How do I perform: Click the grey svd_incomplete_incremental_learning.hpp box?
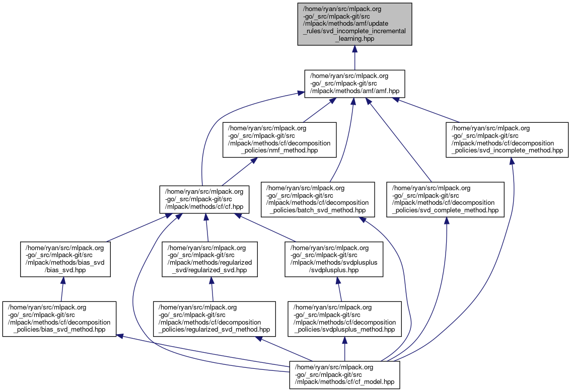pyautogui.click(x=354, y=24)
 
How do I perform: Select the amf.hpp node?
pyautogui.click(x=354, y=84)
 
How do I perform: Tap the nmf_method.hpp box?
pyautogui.click(x=279, y=139)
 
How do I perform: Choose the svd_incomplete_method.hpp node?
pyautogui.click(x=507, y=139)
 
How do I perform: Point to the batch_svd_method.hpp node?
pyautogui.click(x=318, y=200)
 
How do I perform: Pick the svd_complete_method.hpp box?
pyautogui.click(x=445, y=200)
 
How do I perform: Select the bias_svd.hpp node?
pyautogui.click(x=65, y=259)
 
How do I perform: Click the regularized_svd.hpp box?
pyautogui.click(x=209, y=259)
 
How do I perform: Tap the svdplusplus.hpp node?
pyautogui.click(x=334, y=259)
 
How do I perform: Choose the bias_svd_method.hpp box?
pyautogui.click(x=59, y=319)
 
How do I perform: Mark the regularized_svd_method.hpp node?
pyautogui.click(x=215, y=319)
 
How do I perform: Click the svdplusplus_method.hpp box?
pyautogui.click(x=344, y=319)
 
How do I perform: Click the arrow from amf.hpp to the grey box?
pyautogui.click(x=354, y=58)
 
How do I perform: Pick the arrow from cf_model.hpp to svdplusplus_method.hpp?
pyautogui.click(x=344, y=348)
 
